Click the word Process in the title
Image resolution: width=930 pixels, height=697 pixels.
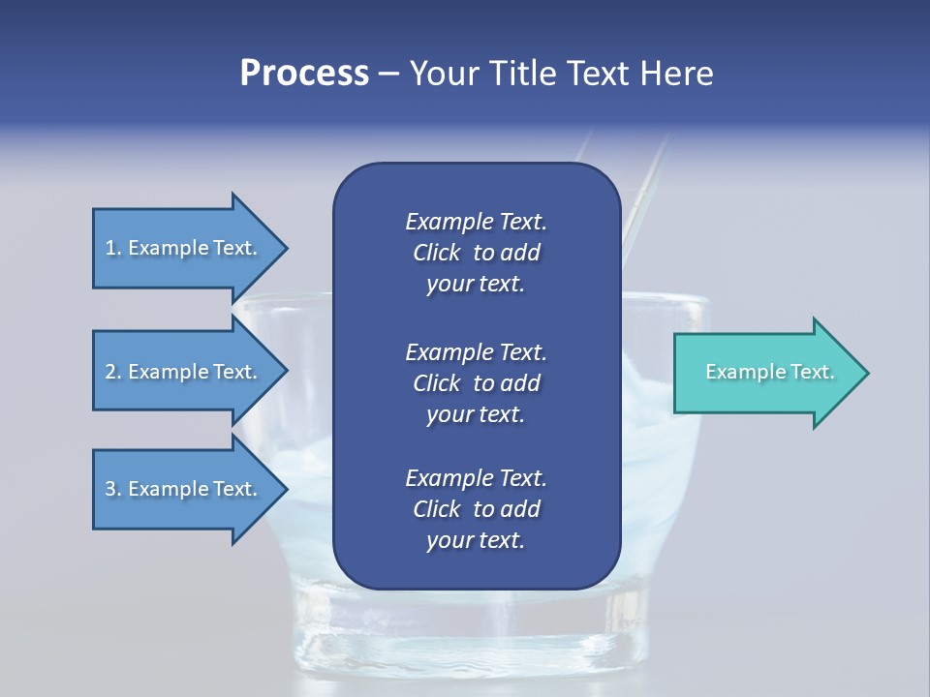click(x=304, y=74)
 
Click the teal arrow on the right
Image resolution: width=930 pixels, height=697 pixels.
click(x=765, y=373)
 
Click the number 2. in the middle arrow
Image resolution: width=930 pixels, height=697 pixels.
click(x=113, y=372)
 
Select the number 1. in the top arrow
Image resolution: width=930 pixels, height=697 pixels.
click(x=113, y=248)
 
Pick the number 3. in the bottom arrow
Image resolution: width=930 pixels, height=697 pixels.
click(x=113, y=489)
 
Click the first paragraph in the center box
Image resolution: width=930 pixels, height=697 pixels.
click(x=476, y=253)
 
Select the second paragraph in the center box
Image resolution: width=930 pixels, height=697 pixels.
click(x=476, y=383)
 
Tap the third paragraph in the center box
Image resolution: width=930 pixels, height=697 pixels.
click(x=476, y=509)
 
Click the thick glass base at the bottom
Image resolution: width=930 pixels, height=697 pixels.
click(x=475, y=644)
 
